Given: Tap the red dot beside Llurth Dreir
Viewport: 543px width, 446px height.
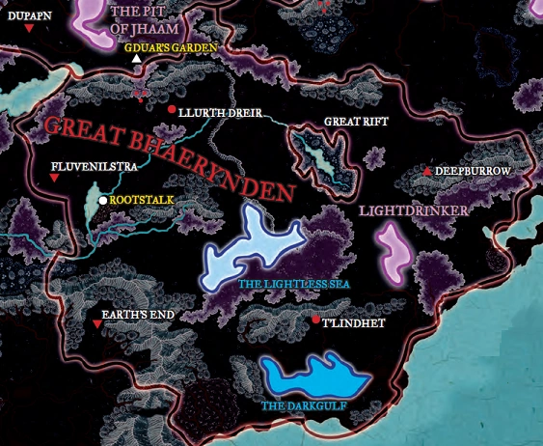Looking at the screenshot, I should [x=172, y=110].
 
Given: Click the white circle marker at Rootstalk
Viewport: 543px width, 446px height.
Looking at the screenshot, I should [x=103, y=200].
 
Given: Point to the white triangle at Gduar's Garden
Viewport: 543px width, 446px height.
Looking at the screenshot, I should [x=137, y=60].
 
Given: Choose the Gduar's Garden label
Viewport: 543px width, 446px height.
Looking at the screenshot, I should [x=179, y=46].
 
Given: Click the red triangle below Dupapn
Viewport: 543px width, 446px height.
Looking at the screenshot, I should [x=29, y=30].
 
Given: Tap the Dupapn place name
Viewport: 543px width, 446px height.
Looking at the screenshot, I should [x=28, y=14].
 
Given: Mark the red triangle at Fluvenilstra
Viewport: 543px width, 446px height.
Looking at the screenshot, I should [x=55, y=178].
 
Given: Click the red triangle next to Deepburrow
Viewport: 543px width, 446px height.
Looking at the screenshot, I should [x=427, y=171].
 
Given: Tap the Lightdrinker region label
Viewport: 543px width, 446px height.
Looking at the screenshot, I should [x=413, y=209].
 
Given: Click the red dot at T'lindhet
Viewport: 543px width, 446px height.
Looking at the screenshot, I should [x=315, y=320].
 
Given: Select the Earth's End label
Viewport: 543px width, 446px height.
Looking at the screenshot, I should [x=137, y=314].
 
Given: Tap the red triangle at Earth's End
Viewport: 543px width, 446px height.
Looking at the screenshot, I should [x=97, y=325].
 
